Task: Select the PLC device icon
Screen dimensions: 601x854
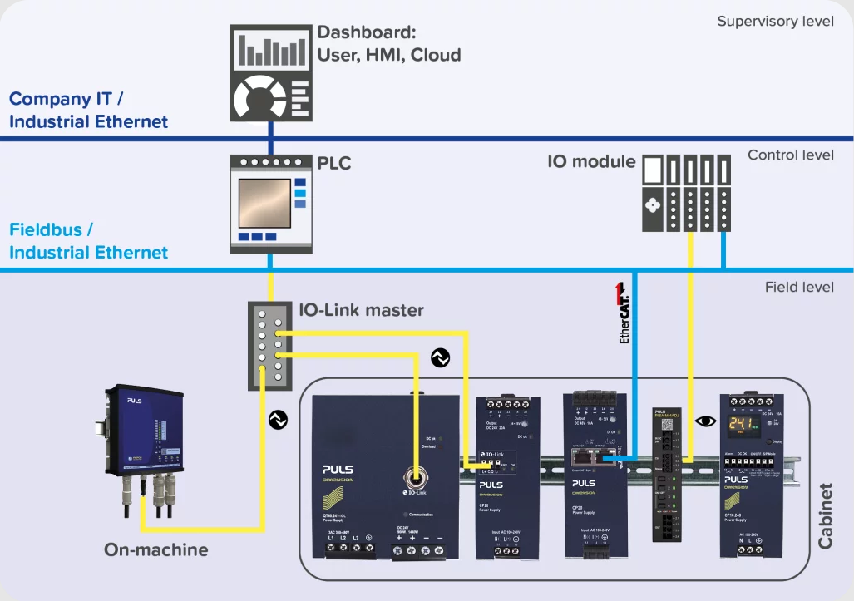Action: tap(269, 204)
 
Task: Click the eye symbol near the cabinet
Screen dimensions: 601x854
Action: tap(705, 421)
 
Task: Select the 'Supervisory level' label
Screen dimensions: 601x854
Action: tap(775, 21)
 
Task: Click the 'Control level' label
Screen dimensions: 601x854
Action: tap(790, 155)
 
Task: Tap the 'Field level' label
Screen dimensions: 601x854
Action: tap(798, 287)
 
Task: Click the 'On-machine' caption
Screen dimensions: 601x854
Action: tap(155, 549)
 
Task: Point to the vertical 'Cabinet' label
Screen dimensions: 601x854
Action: tap(825, 515)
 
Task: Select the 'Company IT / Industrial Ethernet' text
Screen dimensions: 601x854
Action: tap(88, 111)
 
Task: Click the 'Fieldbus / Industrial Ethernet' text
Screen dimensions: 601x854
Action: tap(88, 240)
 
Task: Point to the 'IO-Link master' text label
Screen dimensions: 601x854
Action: tap(361, 310)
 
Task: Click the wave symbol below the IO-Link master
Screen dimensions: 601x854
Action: tap(278, 421)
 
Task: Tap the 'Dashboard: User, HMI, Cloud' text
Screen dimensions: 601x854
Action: tap(388, 45)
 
